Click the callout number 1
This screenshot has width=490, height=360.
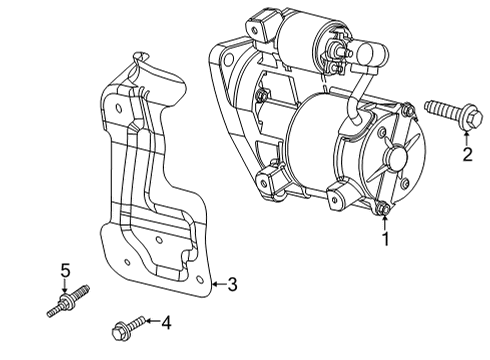(385, 239)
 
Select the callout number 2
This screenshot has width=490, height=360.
(467, 154)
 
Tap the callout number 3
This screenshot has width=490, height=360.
(232, 284)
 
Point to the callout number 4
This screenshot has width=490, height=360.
(166, 323)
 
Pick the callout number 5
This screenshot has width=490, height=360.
(65, 271)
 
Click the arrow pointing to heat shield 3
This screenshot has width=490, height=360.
(219, 284)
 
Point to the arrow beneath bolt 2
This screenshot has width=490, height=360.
(467, 138)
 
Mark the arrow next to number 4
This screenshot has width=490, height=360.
(153, 321)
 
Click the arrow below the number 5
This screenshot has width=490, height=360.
(65, 286)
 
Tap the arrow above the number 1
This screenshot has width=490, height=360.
(385, 222)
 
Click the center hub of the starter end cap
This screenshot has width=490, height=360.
(396, 156)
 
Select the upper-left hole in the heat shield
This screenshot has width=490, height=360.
(118, 108)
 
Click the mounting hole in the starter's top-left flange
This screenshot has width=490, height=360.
(229, 60)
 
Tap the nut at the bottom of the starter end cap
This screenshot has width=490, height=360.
(382, 208)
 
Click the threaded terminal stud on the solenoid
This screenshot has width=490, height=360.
(342, 51)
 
